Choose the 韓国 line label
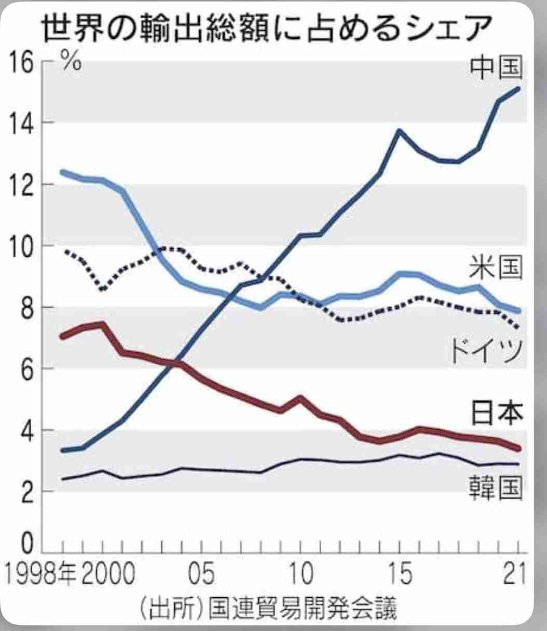pyautogui.click(x=495, y=489)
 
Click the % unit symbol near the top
pyautogui.click(x=72, y=61)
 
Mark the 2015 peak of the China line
pyautogui.click(x=399, y=130)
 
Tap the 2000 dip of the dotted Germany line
pyautogui.click(x=103, y=289)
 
